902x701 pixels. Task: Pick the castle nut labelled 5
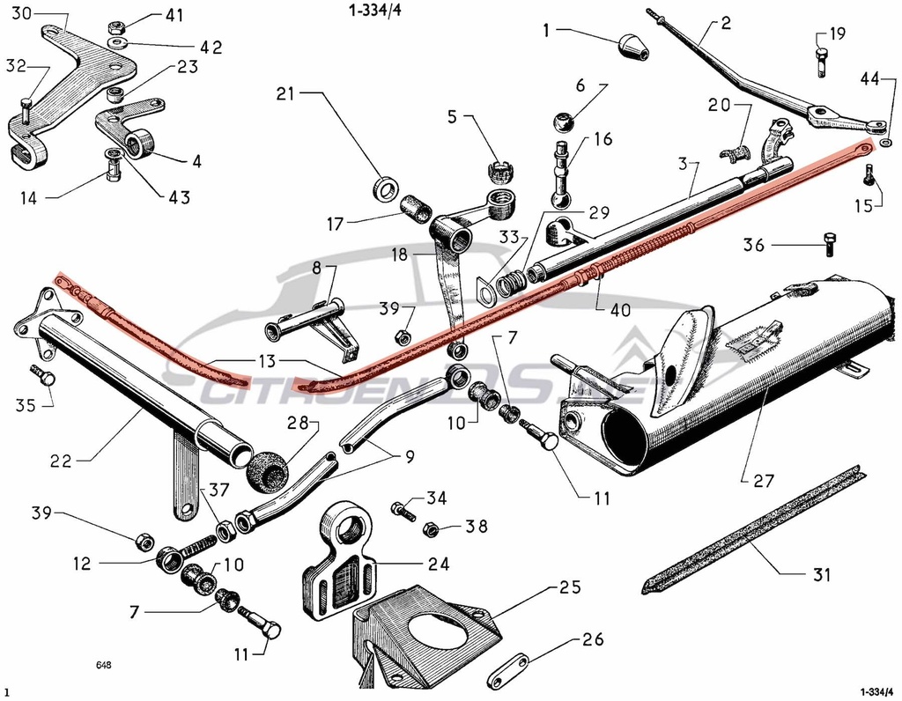click(x=501, y=169)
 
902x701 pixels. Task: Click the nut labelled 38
click(x=432, y=529)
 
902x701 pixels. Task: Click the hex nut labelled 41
click(x=115, y=27)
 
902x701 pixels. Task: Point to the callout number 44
click(x=869, y=79)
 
